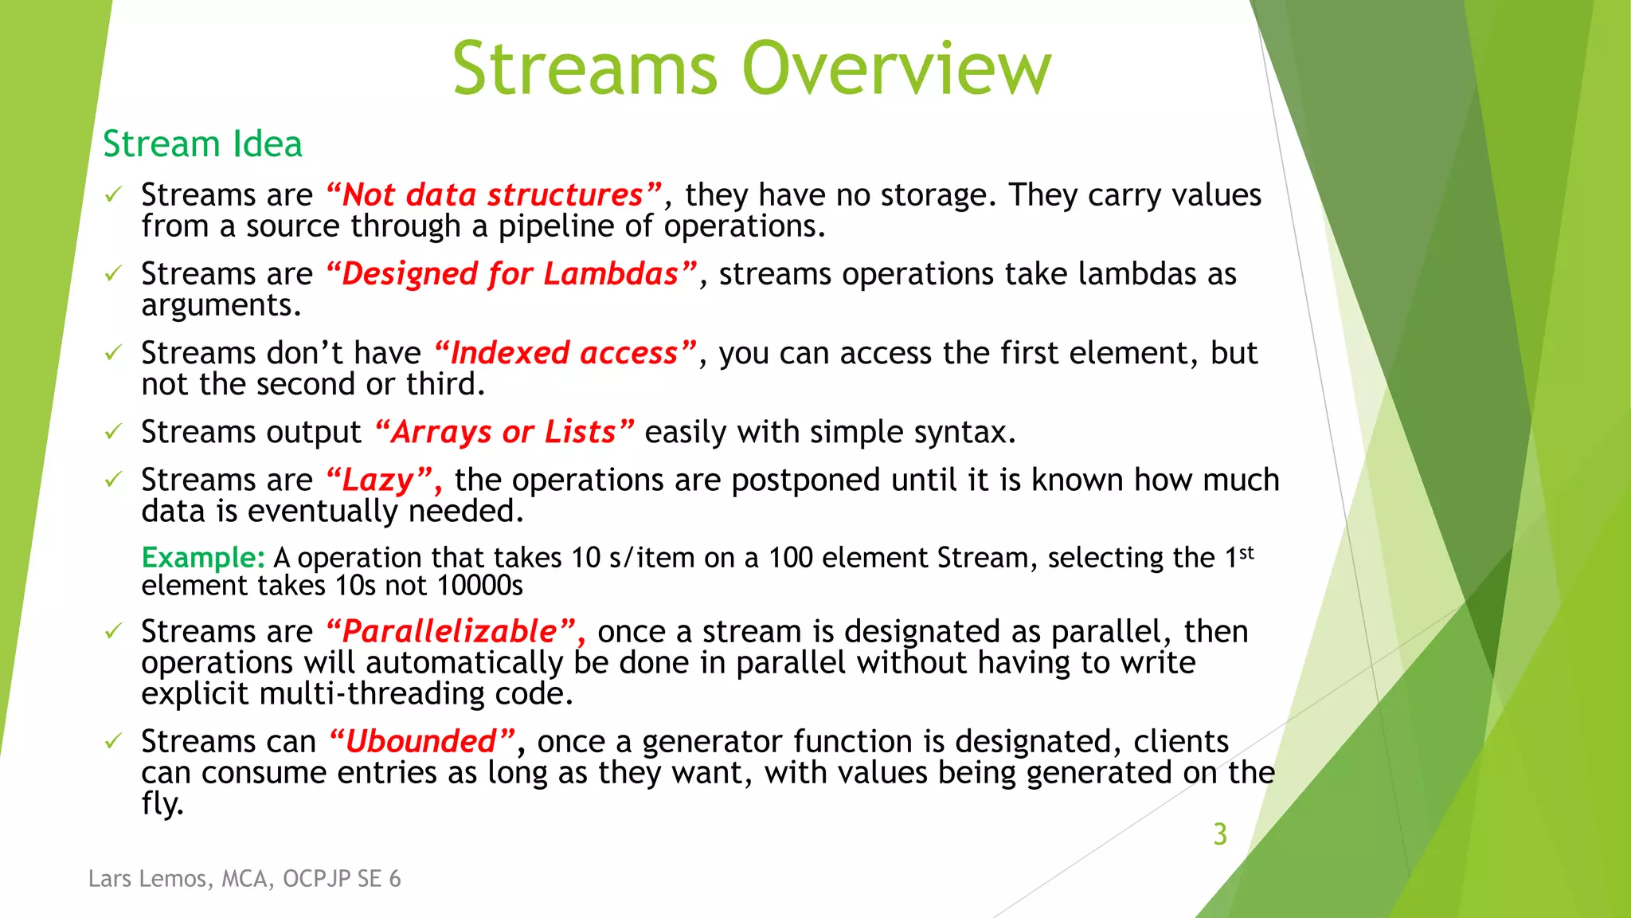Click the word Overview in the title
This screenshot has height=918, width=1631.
[x=896, y=70]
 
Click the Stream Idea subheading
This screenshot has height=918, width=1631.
[x=202, y=144]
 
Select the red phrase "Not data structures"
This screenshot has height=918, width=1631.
[x=494, y=195]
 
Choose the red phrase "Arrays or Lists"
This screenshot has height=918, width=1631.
[x=503, y=432]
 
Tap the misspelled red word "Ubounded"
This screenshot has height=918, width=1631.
[x=422, y=741]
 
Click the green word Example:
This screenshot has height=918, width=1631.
[x=202, y=557]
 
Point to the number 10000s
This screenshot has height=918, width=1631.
[x=479, y=586]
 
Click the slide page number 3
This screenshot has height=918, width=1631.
[x=1219, y=834]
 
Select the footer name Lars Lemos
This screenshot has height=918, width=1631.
[x=147, y=878]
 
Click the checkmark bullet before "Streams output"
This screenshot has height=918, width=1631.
[x=113, y=432]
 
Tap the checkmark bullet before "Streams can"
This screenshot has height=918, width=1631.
[x=113, y=742]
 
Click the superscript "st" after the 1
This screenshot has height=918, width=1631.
[x=1246, y=551]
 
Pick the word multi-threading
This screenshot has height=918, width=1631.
[x=372, y=693]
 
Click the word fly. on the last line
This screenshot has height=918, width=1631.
[x=162, y=803]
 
